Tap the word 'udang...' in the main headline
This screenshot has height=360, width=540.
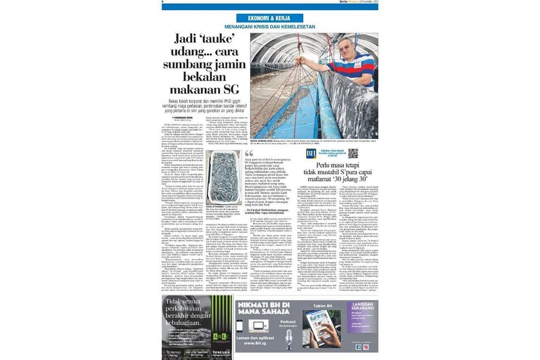point(191,58)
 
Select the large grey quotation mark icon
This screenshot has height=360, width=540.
point(249,154)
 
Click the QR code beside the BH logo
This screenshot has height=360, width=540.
point(352,153)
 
